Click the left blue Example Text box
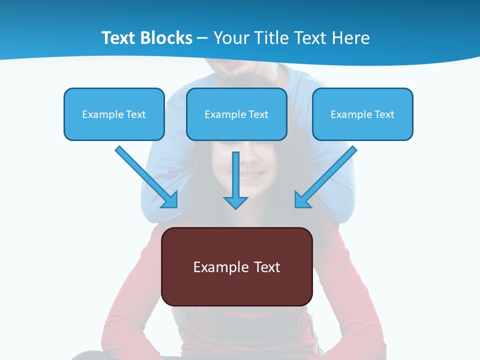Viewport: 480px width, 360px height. pos(114,114)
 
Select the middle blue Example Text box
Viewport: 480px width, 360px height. pos(236,114)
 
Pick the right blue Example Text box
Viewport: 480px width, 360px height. pos(362,114)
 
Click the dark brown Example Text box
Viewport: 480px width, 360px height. pos(236,266)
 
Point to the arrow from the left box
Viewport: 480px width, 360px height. pos(145,176)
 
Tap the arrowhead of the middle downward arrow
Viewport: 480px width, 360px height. pos(235,202)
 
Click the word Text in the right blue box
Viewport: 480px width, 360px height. pos(384,114)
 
